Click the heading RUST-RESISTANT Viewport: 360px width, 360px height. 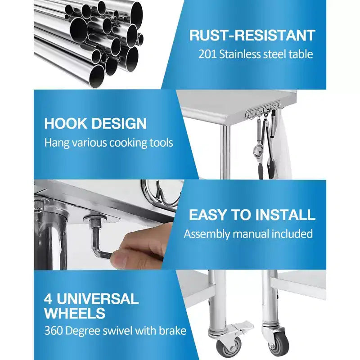click(252, 36)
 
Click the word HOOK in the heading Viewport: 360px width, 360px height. click(65, 123)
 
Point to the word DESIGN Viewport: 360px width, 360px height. click(119, 123)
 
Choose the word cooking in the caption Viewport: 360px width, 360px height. click(128, 143)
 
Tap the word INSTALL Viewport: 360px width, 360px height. click(285, 215)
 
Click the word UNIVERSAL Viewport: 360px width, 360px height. click(98, 298)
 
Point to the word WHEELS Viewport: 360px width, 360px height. click(75, 313)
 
